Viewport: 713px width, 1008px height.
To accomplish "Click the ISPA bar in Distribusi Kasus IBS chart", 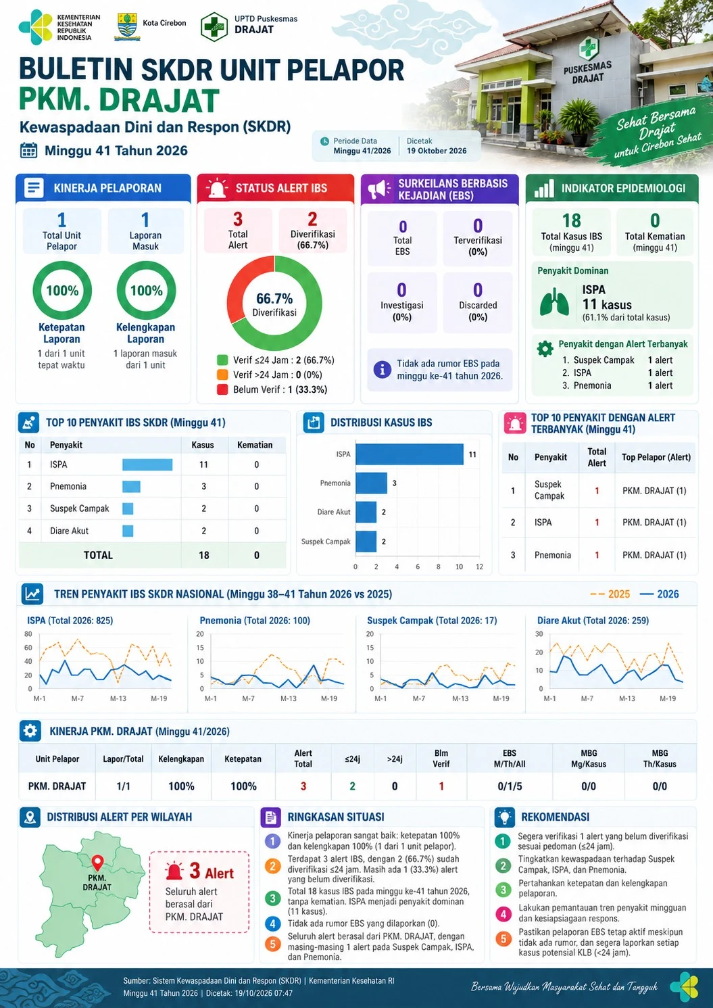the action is pyautogui.click(x=410, y=454).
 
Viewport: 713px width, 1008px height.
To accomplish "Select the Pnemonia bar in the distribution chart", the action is pyautogui.click(x=371, y=483).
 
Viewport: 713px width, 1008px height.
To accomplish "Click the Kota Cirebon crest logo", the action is pyautogui.click(x=127, y=26).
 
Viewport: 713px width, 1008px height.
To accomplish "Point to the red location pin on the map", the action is pyautogui.click(x=97, y=862).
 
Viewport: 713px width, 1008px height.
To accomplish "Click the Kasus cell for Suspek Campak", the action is pyautogui.click(x=204, y=508).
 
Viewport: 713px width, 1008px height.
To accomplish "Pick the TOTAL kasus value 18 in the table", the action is pyautogui.click(x=204, y=555).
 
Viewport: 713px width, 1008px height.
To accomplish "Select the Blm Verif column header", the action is pyautogui.click(x=441, y=759).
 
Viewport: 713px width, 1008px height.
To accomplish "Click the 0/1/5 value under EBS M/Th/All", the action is pyautogui.click(x=510, y=786).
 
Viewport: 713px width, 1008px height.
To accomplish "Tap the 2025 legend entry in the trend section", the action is pyautogui.click(x=610, y=594).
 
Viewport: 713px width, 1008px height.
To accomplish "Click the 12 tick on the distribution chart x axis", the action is pyautogui.click(x=480, y=567).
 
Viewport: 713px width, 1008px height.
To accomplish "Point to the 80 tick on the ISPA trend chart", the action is pyautogui.click(x=28, y=633).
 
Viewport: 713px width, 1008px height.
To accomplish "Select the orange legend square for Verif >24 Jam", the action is pyautogui.click(x=222, y=375).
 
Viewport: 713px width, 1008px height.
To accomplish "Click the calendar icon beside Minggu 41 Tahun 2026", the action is pyautogui.click(x=29, y=150).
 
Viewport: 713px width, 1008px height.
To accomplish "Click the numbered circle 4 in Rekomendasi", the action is pyautogui.click(x=503, y=914).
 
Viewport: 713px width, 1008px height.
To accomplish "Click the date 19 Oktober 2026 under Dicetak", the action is pyautogui.click(x=437, y=151).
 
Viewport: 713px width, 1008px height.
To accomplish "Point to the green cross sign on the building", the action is pyautogui.click(x=588, y=48).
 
